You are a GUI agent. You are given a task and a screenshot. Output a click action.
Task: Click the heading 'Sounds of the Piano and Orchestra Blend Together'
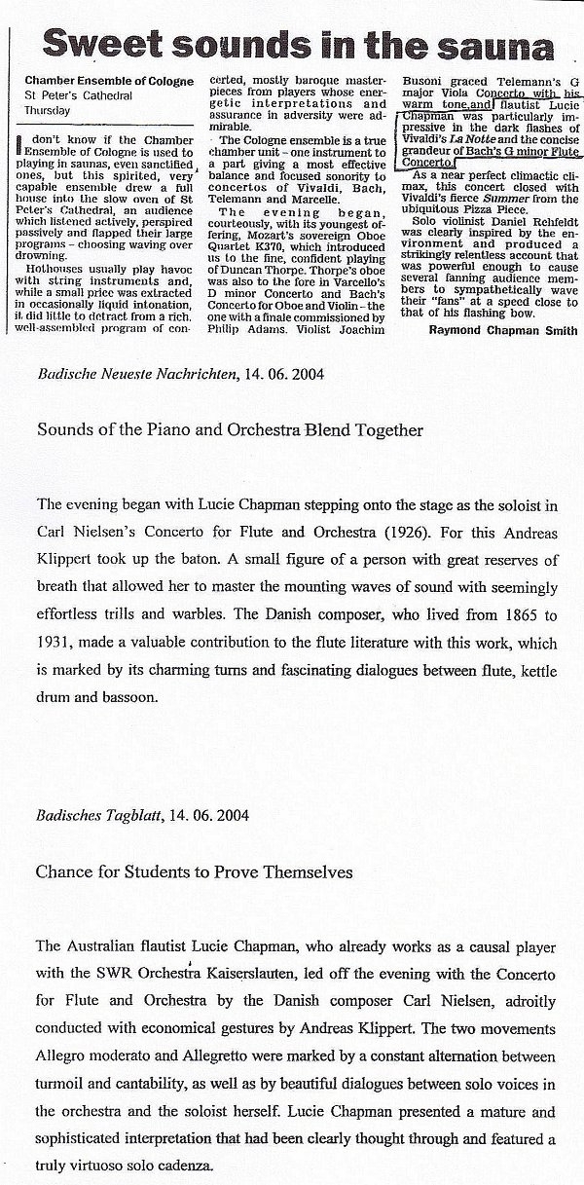point(230,428)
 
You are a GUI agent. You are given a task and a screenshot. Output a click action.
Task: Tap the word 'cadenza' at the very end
point(180,1164)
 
